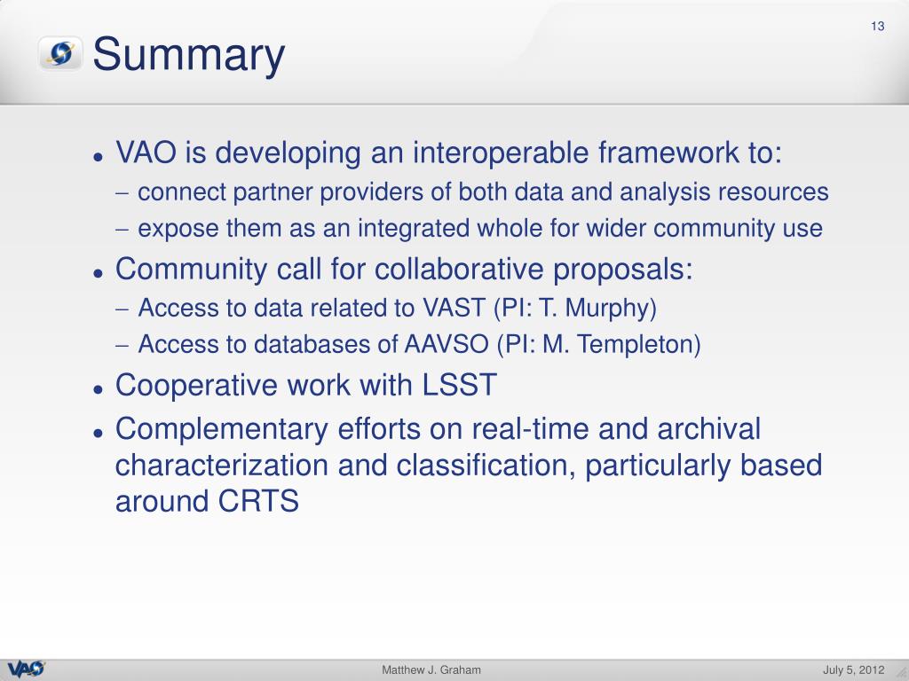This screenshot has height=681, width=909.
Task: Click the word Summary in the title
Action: [188, 55]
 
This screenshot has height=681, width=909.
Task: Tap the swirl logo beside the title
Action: [60, 53]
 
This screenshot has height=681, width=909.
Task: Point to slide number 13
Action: [878, 26]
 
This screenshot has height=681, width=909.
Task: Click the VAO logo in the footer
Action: [26, 669]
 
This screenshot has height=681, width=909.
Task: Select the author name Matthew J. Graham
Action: [431, 670]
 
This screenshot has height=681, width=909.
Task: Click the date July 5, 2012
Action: [853, 670]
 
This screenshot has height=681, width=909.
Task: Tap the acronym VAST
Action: [454, 308]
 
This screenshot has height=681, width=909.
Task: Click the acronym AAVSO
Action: [447, 344]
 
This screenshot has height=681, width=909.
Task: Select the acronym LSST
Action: [459, 385]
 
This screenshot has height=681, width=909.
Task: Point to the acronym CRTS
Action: [258, 501]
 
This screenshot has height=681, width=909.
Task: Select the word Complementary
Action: [221, 430]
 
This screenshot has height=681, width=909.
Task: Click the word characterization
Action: [221, 466]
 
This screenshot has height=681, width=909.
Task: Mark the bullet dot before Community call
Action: [98, 273]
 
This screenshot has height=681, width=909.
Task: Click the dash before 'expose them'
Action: [122, 229]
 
